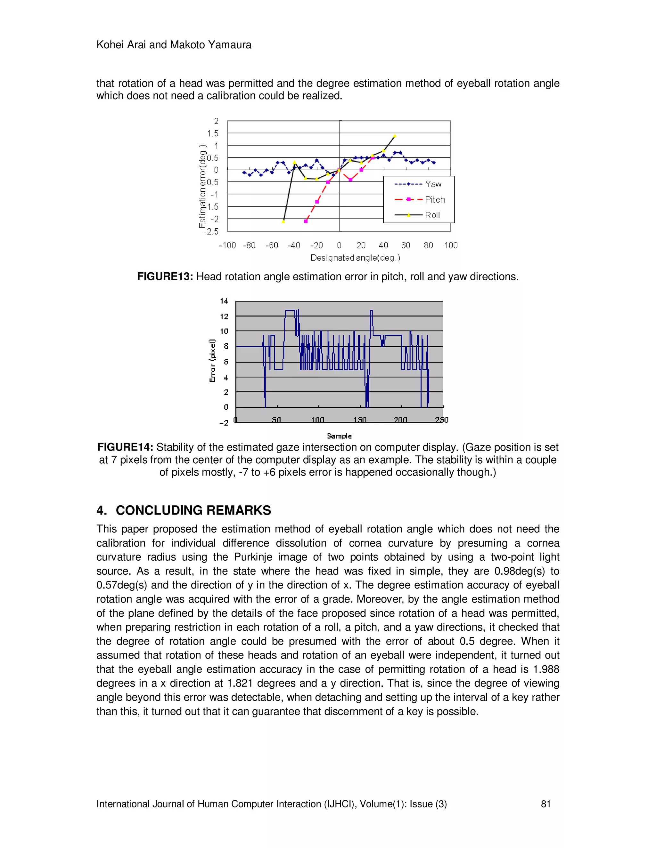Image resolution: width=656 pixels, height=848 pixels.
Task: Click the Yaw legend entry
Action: coord(433,184)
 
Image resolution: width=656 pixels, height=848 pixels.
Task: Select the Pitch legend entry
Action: coord(434,200)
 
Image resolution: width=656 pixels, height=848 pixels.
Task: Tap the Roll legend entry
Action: coord(432,215)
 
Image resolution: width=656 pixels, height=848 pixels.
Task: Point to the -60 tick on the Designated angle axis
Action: coord(272,245)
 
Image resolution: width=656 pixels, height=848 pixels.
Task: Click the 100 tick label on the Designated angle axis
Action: coord(451,245)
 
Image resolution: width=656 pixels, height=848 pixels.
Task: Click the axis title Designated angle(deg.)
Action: coord(355,258)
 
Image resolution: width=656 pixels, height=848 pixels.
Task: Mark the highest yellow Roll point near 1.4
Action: coord(395,136)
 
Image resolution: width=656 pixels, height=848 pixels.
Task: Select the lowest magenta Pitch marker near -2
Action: coord(306,221)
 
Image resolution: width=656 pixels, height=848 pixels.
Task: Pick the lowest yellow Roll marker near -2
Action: coord(283,222)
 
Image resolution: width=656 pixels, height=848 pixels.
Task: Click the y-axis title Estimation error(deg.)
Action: coord(202,186)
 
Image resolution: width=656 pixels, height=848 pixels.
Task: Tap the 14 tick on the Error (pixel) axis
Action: coord(224,301)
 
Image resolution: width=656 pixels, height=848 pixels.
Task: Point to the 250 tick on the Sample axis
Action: coord(441,420)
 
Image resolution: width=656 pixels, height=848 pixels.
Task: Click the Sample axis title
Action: coord(339,436)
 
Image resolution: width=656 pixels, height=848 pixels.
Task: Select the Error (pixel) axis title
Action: coord(213,360)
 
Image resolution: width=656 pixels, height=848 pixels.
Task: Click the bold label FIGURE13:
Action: coord(165,277)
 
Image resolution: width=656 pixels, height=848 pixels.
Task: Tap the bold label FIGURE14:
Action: coord(125,447)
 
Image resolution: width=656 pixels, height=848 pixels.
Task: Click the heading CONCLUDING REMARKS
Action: coord(193,510)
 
